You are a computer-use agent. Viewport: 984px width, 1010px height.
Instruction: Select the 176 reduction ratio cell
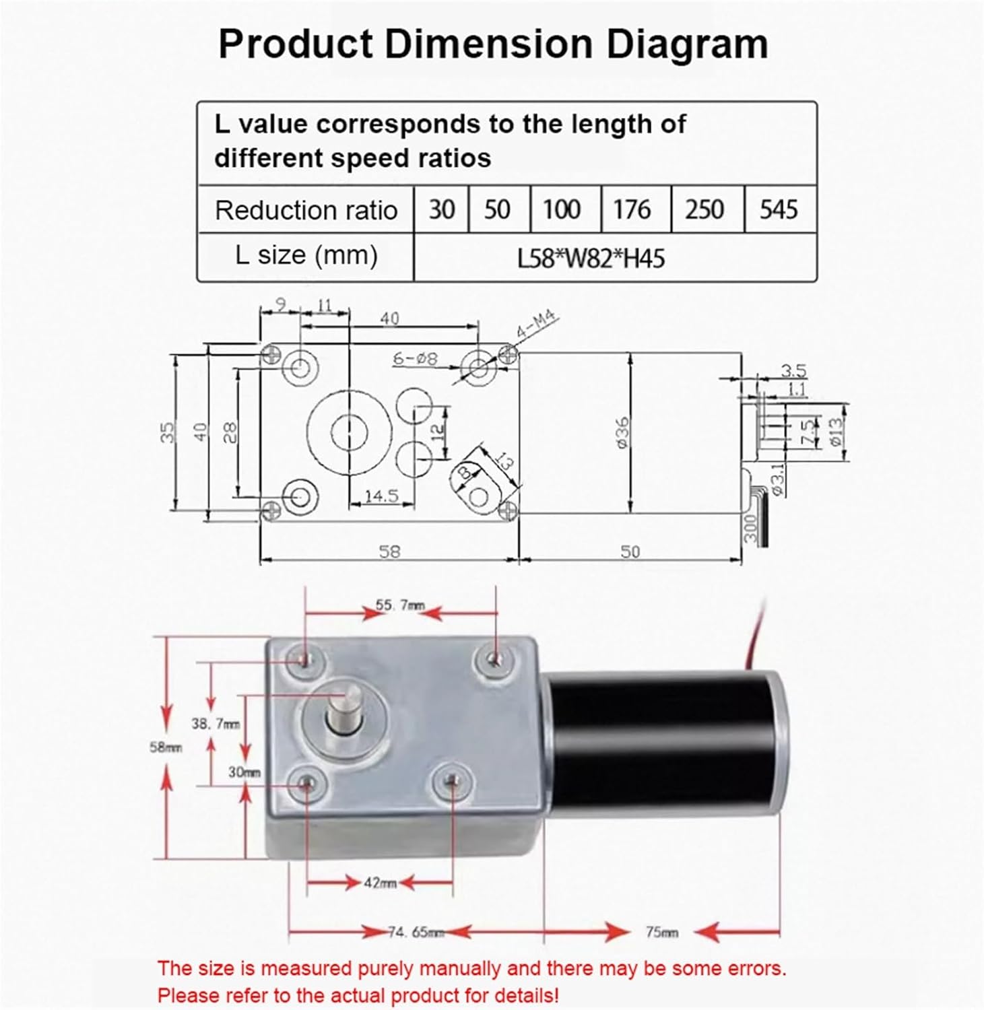[x=632, y=209]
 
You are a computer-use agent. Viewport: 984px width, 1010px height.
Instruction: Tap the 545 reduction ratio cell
[x=779, y=209]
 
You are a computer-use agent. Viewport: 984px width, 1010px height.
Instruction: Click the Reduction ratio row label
[x=306, y=211]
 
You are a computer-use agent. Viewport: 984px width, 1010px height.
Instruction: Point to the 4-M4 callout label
[x=537, y=325]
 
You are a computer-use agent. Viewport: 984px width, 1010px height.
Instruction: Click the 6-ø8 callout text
[x=415, y=359]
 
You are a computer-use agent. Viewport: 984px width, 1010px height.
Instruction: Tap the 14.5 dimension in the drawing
[x=381, y=496]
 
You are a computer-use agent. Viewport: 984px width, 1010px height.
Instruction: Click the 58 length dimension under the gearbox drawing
[x=389, y=551]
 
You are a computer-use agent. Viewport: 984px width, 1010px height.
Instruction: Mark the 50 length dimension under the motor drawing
[x=630, y=551]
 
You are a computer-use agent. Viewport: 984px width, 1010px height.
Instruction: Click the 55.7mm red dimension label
[x=400, y=605]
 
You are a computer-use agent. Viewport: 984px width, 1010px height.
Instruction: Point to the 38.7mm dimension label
[x=215, y=724]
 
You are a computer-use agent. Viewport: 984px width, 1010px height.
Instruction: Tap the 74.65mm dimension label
[x=416, y=933]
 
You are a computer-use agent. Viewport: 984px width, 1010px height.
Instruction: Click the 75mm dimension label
[x=661, y=933]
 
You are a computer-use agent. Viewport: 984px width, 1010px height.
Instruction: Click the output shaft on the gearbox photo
[x=343, y=710]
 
